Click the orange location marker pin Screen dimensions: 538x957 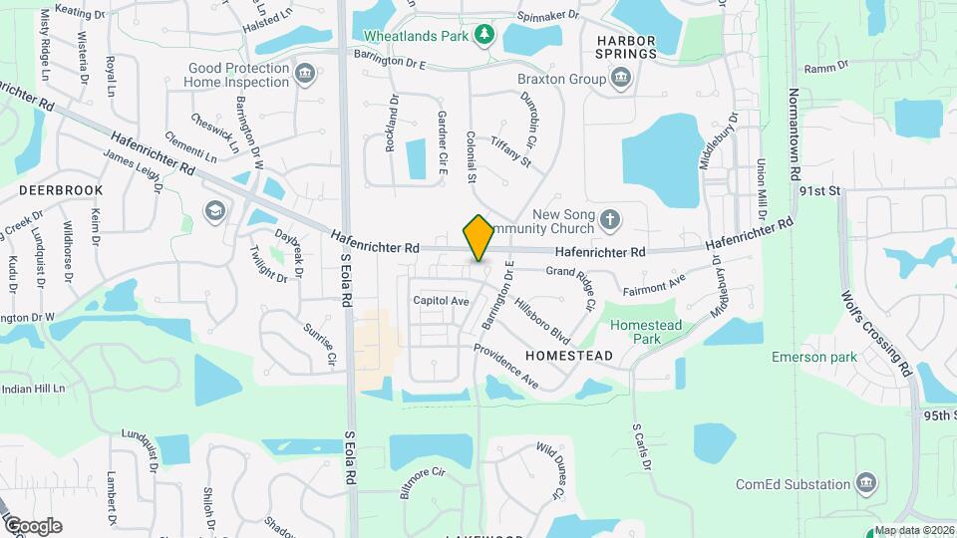click(479, 237)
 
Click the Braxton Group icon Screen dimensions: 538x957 click(621, 77)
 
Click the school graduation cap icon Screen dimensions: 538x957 click(213, 210)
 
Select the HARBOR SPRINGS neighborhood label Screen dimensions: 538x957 click(626, 47)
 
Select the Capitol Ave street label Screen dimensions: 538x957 click(441, 300)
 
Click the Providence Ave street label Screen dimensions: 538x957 click(505, 366)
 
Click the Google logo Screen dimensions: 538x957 click(33, 525)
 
